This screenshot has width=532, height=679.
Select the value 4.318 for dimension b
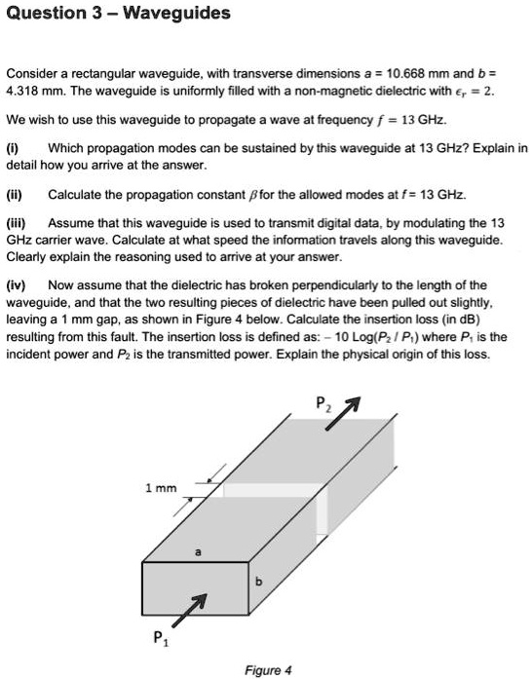coord(26,91)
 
